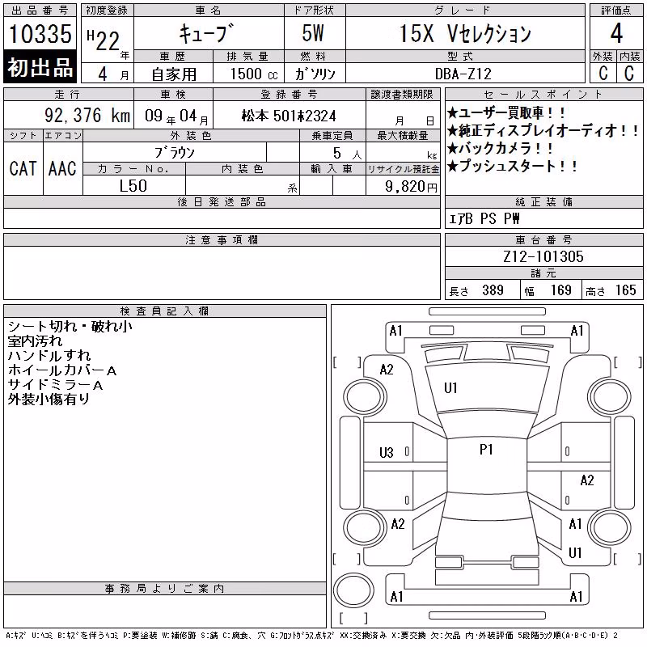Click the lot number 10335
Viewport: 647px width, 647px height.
coord(40,34)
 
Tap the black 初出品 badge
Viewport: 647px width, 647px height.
coord(40,67)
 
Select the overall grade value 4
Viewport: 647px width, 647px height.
coord(616,33)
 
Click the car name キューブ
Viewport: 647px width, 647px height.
coord(206,33)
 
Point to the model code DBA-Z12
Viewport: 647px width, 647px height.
coord(463,74)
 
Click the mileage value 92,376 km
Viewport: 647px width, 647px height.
coord(87,115)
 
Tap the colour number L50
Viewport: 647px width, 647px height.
coord(133,186)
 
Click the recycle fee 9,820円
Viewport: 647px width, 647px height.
coord(411,187)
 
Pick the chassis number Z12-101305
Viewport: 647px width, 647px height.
coord(543,256)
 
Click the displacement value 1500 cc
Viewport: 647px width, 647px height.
coord(254,74)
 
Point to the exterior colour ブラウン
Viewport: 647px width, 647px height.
coord(175,153)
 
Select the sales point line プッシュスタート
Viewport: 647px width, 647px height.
coord(513,166)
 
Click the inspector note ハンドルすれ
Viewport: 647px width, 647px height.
coord(49,355)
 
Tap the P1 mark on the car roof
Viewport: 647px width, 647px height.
coord(487,449)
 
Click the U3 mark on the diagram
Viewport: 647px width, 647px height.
coord(387,453)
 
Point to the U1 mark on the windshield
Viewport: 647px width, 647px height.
coord(450,388)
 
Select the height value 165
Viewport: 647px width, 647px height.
coord(625,290)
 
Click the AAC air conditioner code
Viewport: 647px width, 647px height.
coord(62,168)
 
